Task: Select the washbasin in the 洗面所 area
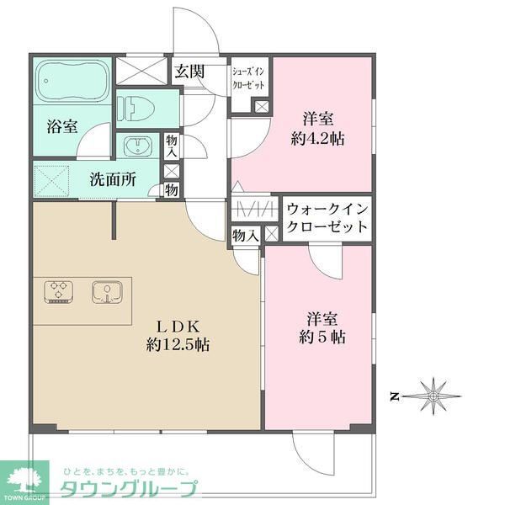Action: coord(135,146)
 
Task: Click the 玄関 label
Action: coord(189,72)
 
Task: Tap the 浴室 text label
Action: coord(61,127)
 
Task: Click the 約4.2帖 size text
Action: coord(323,138)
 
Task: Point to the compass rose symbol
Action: coord(433,393)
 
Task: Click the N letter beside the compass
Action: coord(394,394)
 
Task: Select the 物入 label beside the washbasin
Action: coord(172,147)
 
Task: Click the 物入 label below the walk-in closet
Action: coord(245,237)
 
